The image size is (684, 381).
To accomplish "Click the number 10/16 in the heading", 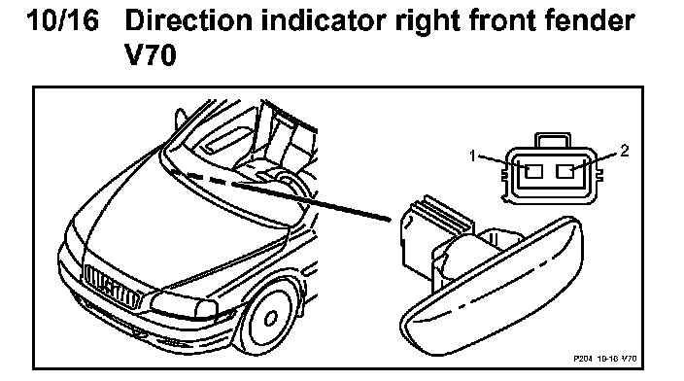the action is pos(63,20).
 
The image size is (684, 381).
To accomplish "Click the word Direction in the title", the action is pos(188,20).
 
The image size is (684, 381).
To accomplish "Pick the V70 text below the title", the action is pos(151,55).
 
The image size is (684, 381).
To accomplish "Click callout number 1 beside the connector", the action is pos(472,156).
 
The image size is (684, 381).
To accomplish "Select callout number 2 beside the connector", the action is pos(625,151).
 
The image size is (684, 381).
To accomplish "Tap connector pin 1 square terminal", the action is pos(533,171).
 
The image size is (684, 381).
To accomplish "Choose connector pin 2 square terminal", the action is pos(565,171).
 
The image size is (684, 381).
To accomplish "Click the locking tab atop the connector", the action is pos(552,141).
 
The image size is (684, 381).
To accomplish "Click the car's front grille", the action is pos(113,287).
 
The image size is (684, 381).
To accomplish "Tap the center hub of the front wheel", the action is pos(270,318).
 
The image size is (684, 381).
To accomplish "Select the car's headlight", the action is pos(184,304).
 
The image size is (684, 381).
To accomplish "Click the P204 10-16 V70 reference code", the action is pos(604,359).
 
